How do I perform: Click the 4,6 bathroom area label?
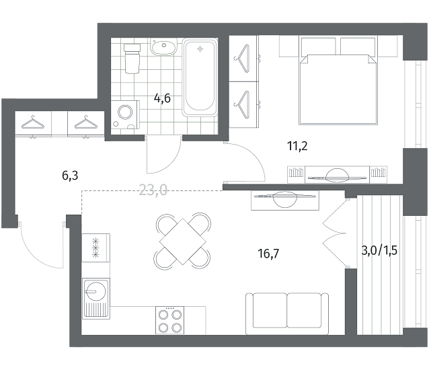tap(162, 98)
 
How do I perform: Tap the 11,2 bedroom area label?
tap(297, 146)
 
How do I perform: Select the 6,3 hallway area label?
tap(70, 176)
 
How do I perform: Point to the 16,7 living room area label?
tap(268, 254)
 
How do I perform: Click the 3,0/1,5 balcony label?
tap(379, 250)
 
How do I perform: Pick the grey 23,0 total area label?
tap(153, 190)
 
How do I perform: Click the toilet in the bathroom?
tap(132, 59)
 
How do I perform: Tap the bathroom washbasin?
tap(163, 47)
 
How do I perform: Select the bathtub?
tap(200, 77)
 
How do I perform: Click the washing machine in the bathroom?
tap(125, 114)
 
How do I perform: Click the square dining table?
tap(182, 242)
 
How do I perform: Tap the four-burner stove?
tap(169, 320)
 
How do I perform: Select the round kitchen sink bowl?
tap(95, 291)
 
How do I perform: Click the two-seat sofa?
tap(286, 313)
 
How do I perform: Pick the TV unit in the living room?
tap(285, 200)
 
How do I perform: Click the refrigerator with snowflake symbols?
tap(95, 248)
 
